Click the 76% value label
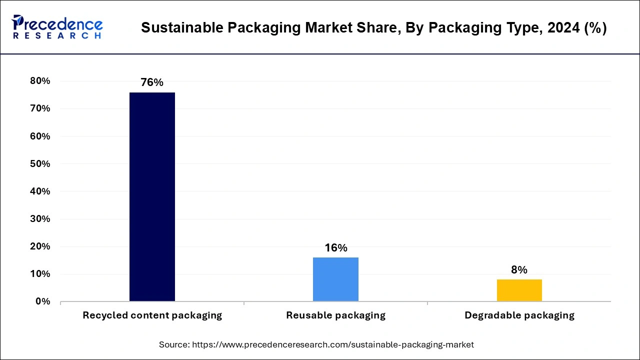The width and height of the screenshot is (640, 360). click(152, 82)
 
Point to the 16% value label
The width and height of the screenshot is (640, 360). click(335, 248)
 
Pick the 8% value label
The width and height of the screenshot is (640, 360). click(519, 270)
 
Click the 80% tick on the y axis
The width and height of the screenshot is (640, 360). click(40, 81)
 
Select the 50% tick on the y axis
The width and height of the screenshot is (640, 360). click(40, 164)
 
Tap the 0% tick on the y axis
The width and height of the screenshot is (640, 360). click(42, 301)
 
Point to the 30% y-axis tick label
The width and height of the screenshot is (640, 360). click(40, 219)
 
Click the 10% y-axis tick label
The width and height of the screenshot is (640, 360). click(40, 274)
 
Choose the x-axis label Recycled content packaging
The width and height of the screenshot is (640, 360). click(152, 315)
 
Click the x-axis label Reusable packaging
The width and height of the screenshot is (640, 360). click(335, 315)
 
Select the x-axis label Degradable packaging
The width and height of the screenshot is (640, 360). click(519, 315)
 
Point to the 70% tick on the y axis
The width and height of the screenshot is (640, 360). click(40, 108)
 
